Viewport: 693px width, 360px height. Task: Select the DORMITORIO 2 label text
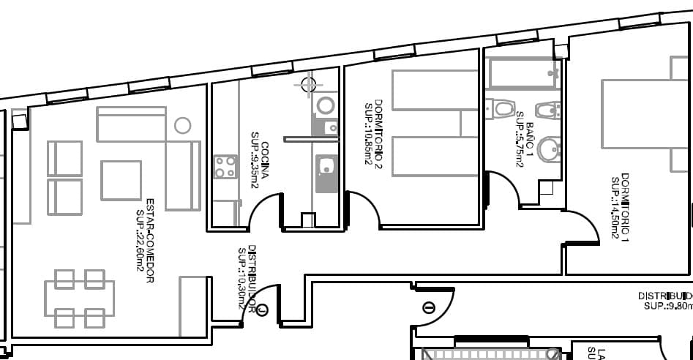[378, 132]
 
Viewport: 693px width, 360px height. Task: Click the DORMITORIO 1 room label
[625, 207]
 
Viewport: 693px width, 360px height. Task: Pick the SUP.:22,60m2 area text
[140, 241]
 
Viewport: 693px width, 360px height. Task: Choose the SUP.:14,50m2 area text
[615, 208]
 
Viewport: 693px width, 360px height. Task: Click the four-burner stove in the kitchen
[225, 167]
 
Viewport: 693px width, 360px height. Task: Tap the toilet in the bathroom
[502, 109]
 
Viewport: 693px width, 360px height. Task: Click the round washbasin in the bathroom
[548, 150]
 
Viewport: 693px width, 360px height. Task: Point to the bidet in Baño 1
[547, 110]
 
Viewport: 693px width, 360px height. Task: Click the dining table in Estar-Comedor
[79, 299]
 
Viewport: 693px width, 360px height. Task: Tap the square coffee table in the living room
[121, 180]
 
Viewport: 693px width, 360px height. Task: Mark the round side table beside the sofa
[183, 125]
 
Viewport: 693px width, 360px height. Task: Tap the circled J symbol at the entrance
[263, 310]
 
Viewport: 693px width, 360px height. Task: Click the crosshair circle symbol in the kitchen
[309, 84]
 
